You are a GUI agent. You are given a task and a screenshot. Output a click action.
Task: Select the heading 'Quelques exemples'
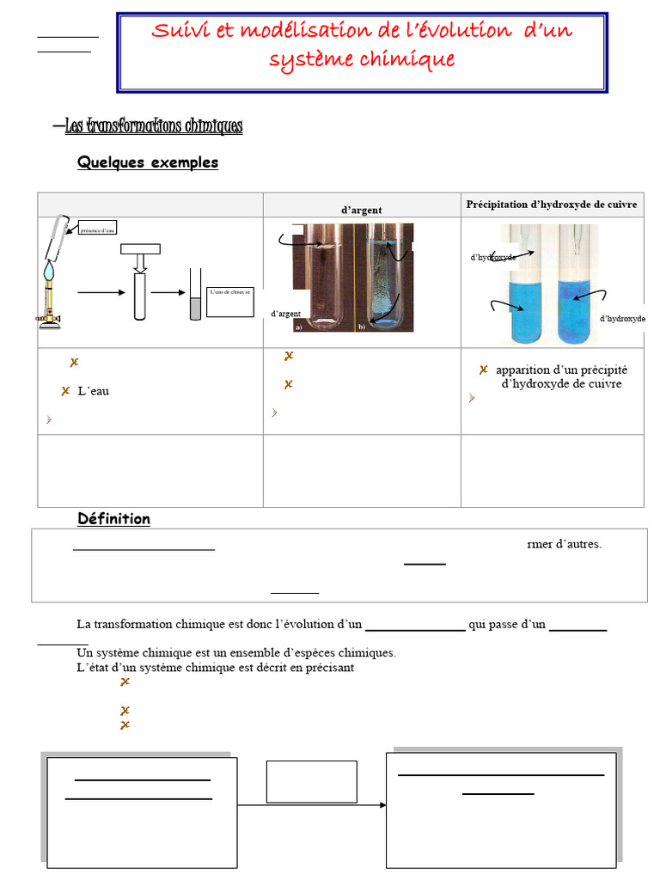(148, 162)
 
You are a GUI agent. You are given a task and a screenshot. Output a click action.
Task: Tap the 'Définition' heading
(113, 519)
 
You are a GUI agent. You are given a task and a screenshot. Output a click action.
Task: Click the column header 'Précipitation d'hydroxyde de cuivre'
(552, 205)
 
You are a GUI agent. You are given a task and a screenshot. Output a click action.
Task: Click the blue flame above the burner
(48, 269)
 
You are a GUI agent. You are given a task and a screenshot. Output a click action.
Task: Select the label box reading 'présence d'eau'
(97, 230)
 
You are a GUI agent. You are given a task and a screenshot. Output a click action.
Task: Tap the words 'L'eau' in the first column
(93, 392)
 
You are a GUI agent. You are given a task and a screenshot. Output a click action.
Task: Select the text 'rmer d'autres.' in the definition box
(564, 544)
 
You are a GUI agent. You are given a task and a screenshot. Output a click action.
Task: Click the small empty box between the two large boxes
(311, 781)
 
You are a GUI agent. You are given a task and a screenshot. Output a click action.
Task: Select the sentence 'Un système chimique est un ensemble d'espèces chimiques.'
(236, 653)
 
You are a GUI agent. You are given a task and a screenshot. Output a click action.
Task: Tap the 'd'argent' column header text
(362, 210)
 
